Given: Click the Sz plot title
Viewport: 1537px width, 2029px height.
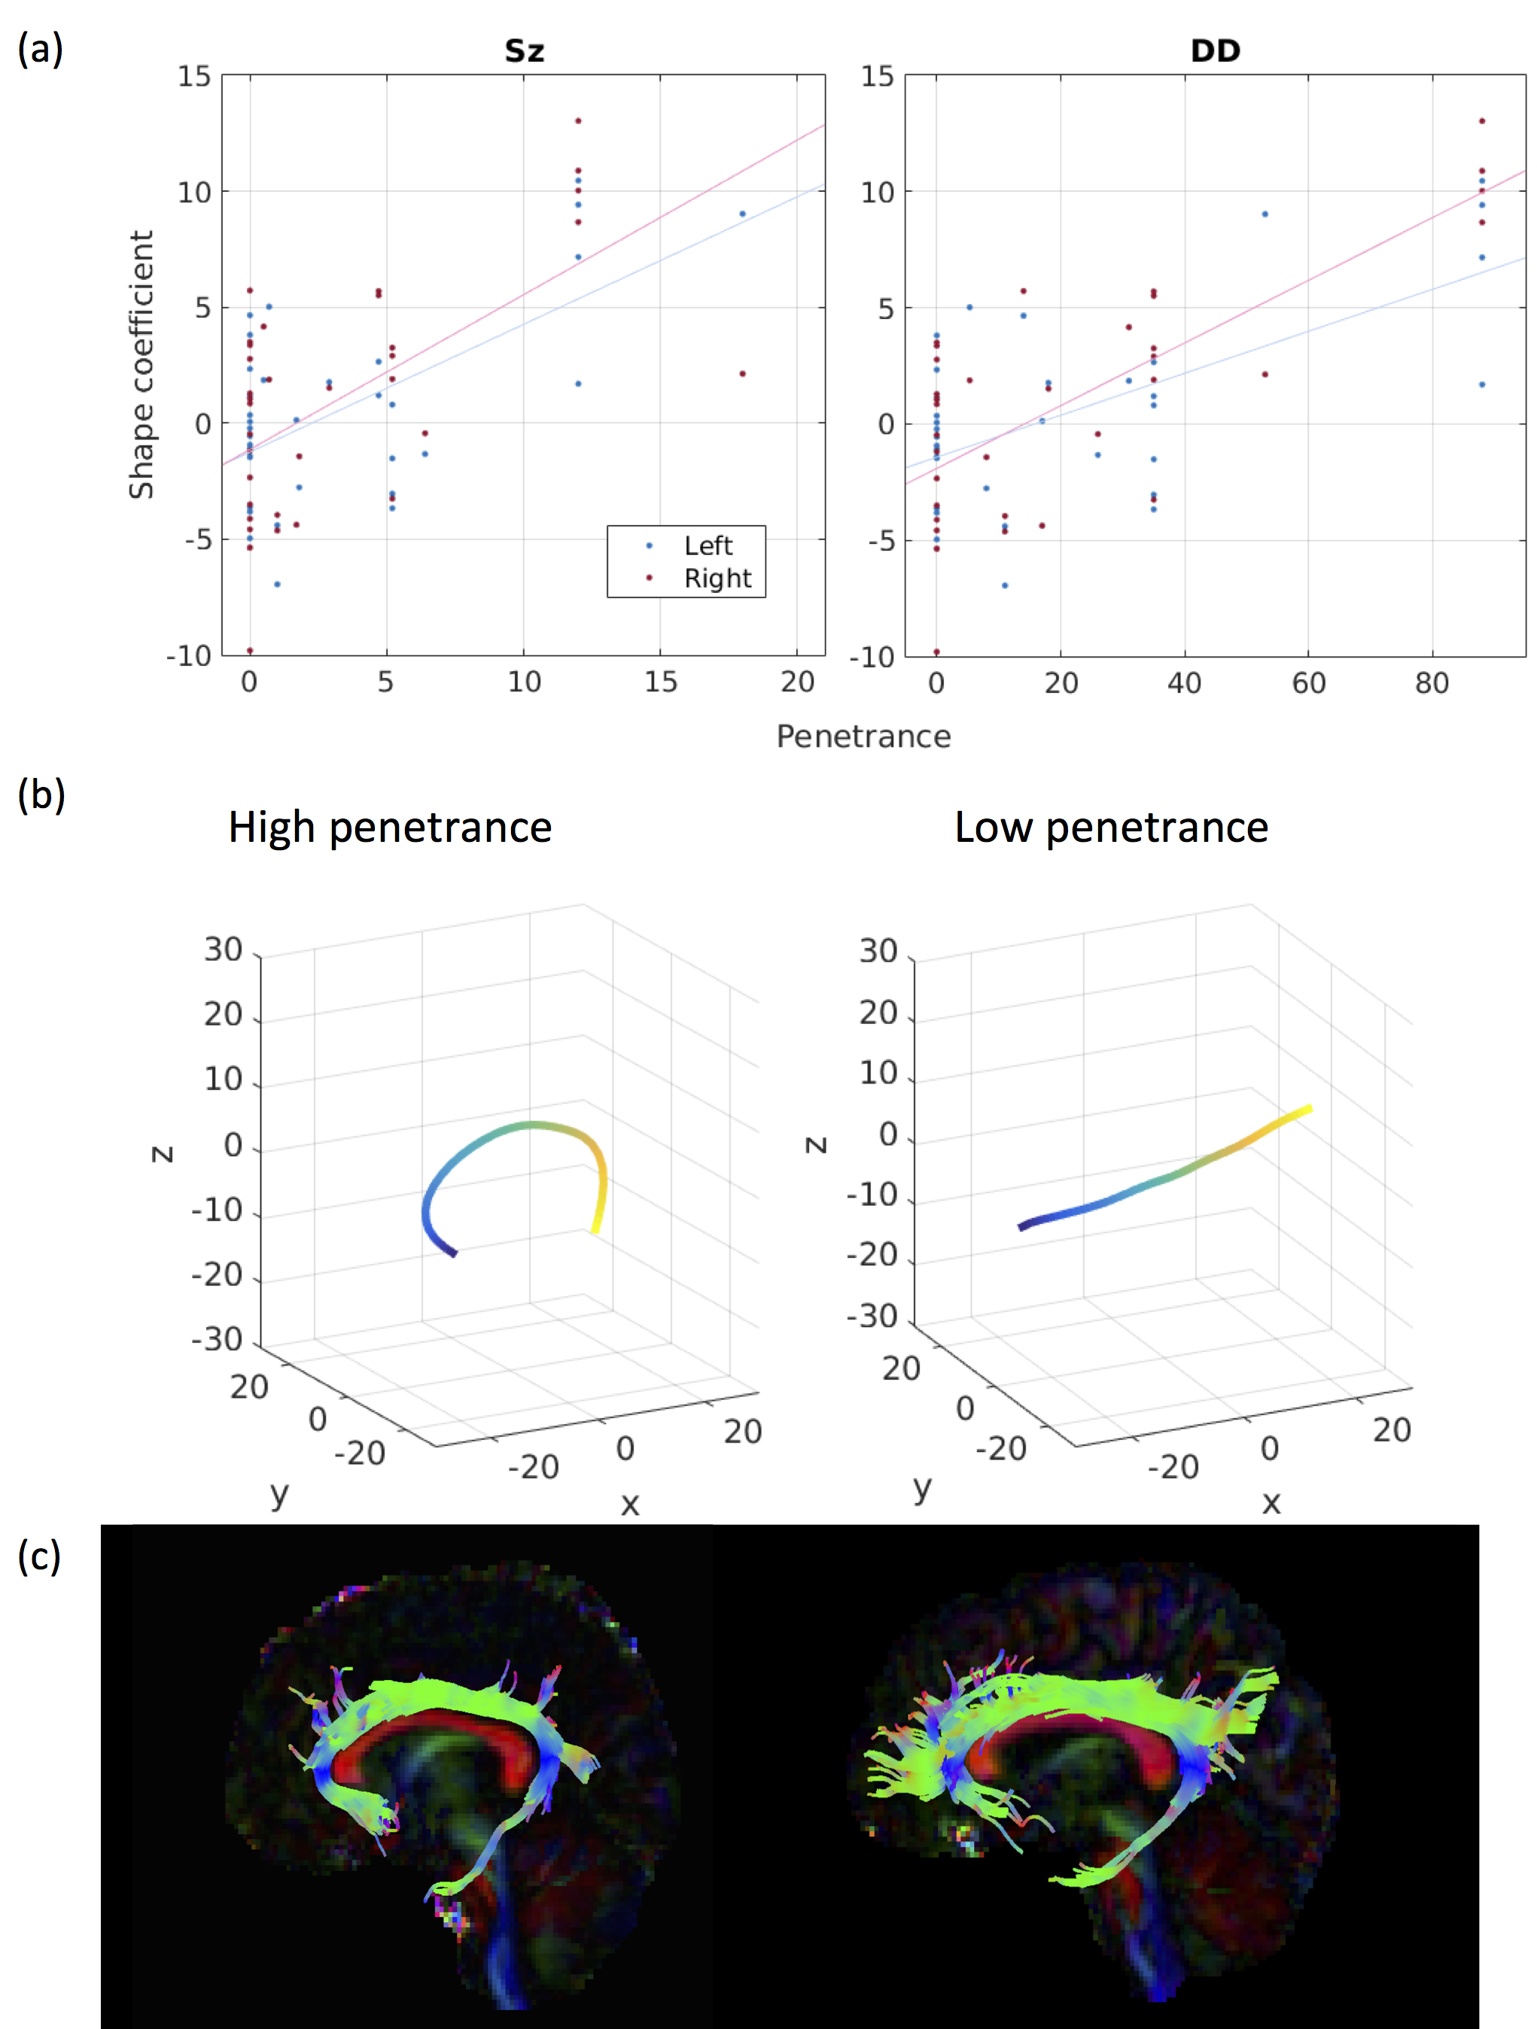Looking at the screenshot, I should point(524,50).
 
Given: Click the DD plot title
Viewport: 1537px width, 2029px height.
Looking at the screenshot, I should point(1215,50).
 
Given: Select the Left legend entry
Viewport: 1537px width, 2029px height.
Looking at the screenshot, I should point(708,545).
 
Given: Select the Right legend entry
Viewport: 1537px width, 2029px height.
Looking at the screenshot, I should point(717,579).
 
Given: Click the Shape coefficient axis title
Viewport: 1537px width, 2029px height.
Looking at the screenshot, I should point(141,364).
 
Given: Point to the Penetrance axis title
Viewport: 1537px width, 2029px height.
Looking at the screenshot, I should point(863,737).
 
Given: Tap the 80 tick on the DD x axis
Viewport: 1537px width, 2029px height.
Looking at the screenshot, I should point(1432,682).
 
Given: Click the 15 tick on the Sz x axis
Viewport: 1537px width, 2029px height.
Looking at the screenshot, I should point(660,682).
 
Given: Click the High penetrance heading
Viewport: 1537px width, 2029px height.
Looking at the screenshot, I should point(390,828).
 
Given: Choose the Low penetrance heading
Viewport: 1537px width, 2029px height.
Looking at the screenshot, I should point(1111,828).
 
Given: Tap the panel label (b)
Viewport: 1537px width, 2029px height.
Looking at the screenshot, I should point(41,794).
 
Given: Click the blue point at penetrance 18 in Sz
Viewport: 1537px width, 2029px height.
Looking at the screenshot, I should point(742,214).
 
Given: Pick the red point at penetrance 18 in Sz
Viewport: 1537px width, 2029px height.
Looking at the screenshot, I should point(742,373).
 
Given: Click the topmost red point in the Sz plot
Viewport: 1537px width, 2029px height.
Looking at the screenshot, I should point(578,121).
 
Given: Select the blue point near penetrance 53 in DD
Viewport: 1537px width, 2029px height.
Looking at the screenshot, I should point(1265,214).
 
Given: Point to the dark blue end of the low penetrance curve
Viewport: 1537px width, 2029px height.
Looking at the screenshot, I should point(1023,1226).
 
